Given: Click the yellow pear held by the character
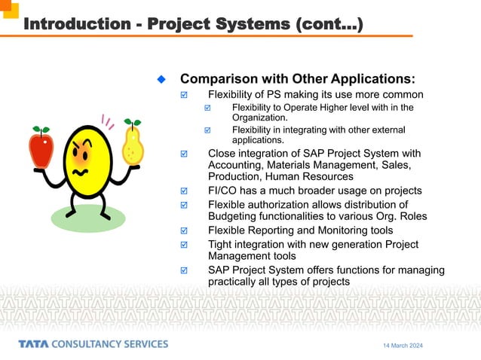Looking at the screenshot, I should coord(133,143).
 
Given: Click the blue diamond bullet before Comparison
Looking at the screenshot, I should coord(161,79).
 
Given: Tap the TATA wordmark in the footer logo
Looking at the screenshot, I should coord(37,344).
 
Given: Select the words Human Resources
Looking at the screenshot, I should coord(309,176).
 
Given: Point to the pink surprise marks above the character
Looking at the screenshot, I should coord(107,121).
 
